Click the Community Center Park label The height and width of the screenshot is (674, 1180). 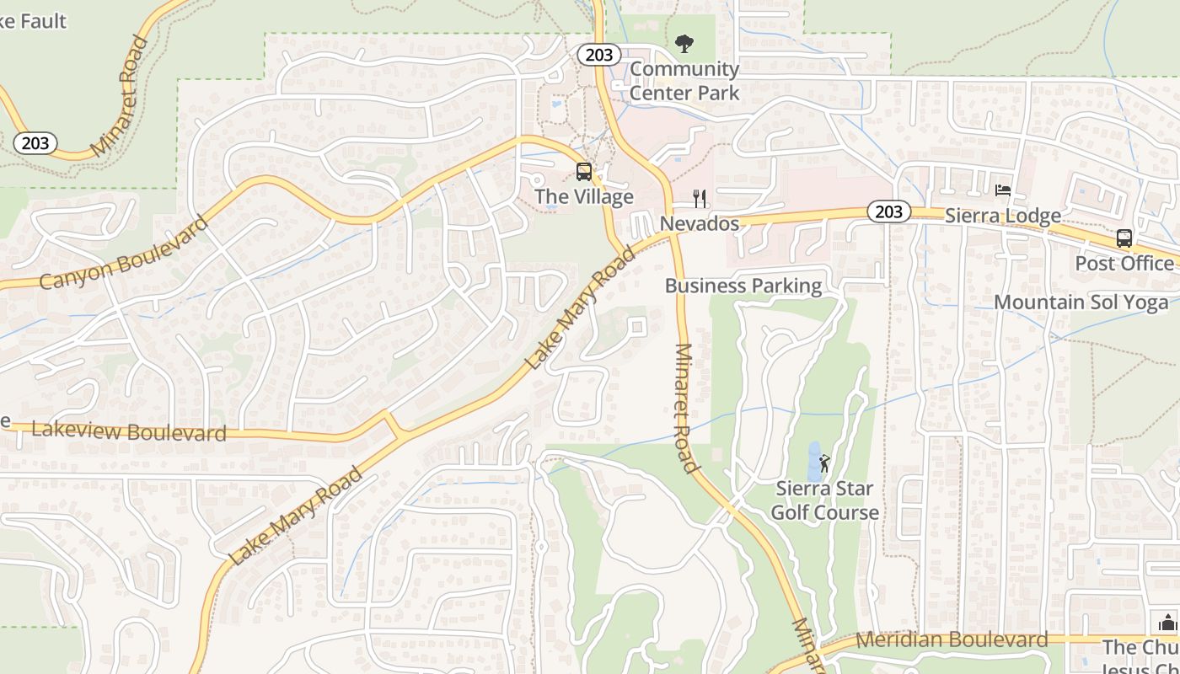[684, 81]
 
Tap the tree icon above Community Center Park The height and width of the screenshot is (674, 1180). [684, 42]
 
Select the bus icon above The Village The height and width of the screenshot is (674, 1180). [583, 172]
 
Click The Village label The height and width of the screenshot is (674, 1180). [584, 197]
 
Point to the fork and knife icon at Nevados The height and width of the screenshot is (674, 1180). [699, 199]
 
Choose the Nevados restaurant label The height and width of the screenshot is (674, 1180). [700, 223]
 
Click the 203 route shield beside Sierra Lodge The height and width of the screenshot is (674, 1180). [888, 211]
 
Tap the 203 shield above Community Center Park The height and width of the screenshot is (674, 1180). [598, 55]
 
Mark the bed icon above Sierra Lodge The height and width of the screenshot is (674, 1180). [1002, 190]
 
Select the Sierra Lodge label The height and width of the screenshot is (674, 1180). [1002, 216]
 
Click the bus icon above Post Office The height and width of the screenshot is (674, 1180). [1124, 238]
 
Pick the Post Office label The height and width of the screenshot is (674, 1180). [1124, 263]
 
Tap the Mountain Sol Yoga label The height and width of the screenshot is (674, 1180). [1081, 302]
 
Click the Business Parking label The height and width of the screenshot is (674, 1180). [743, 286]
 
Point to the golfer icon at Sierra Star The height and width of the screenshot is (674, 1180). [824, 463]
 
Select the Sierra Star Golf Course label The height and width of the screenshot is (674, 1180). [824, 500]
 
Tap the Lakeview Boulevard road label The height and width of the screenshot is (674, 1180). [129, 431]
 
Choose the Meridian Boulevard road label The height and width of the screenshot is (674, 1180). [952, 639]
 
